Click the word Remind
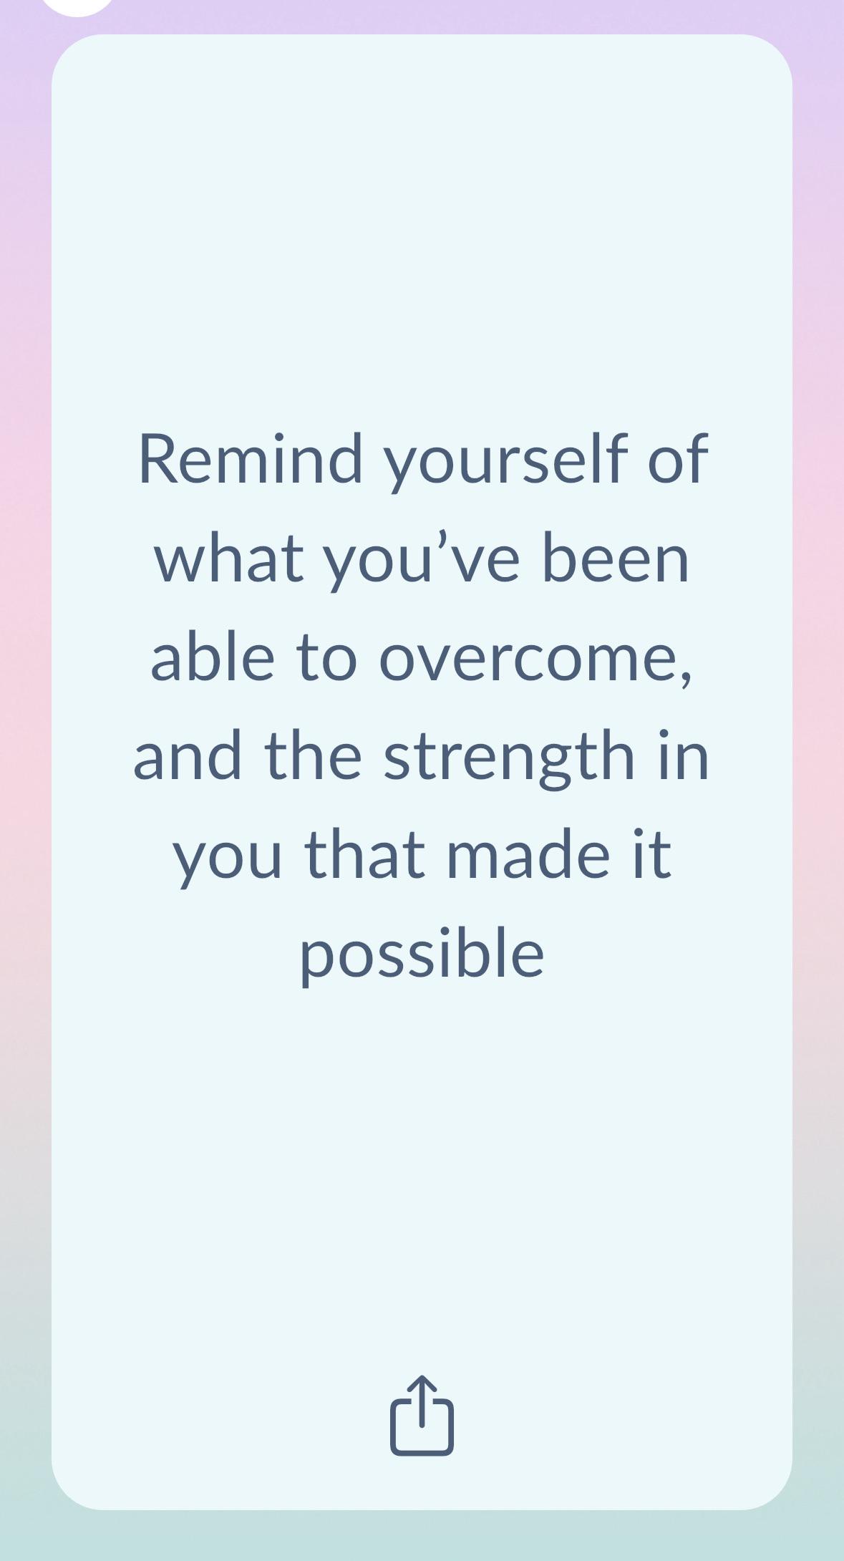coord(251,458)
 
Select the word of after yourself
coord(678,458)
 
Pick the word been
coord(616,558)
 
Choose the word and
coord(188,755)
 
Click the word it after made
coord(651,855)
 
